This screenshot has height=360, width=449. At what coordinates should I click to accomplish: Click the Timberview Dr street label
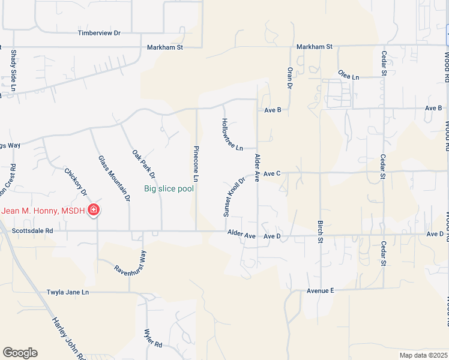click(99, 34)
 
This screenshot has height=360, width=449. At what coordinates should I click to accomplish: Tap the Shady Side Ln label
click(13, 71)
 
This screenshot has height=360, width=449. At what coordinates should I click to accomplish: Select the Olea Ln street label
click(348, 76)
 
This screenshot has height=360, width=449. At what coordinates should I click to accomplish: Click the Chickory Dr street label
click(76, 182)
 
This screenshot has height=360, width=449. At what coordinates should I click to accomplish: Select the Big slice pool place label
click(169, 188)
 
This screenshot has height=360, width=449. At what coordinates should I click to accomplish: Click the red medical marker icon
click(94, 209)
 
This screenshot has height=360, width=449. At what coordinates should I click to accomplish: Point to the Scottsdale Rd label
click(33, 230)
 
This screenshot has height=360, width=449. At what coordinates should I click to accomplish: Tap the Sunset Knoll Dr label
click(235, 197)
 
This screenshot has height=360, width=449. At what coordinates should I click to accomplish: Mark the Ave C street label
click(272, 173)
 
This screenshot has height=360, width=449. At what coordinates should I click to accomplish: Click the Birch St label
click(320, 231)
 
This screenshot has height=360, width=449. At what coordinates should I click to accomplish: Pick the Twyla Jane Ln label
click(68, 292)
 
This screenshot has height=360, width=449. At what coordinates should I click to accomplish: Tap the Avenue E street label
click(320, 290)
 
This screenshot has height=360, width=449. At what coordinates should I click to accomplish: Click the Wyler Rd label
click(154, 338)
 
